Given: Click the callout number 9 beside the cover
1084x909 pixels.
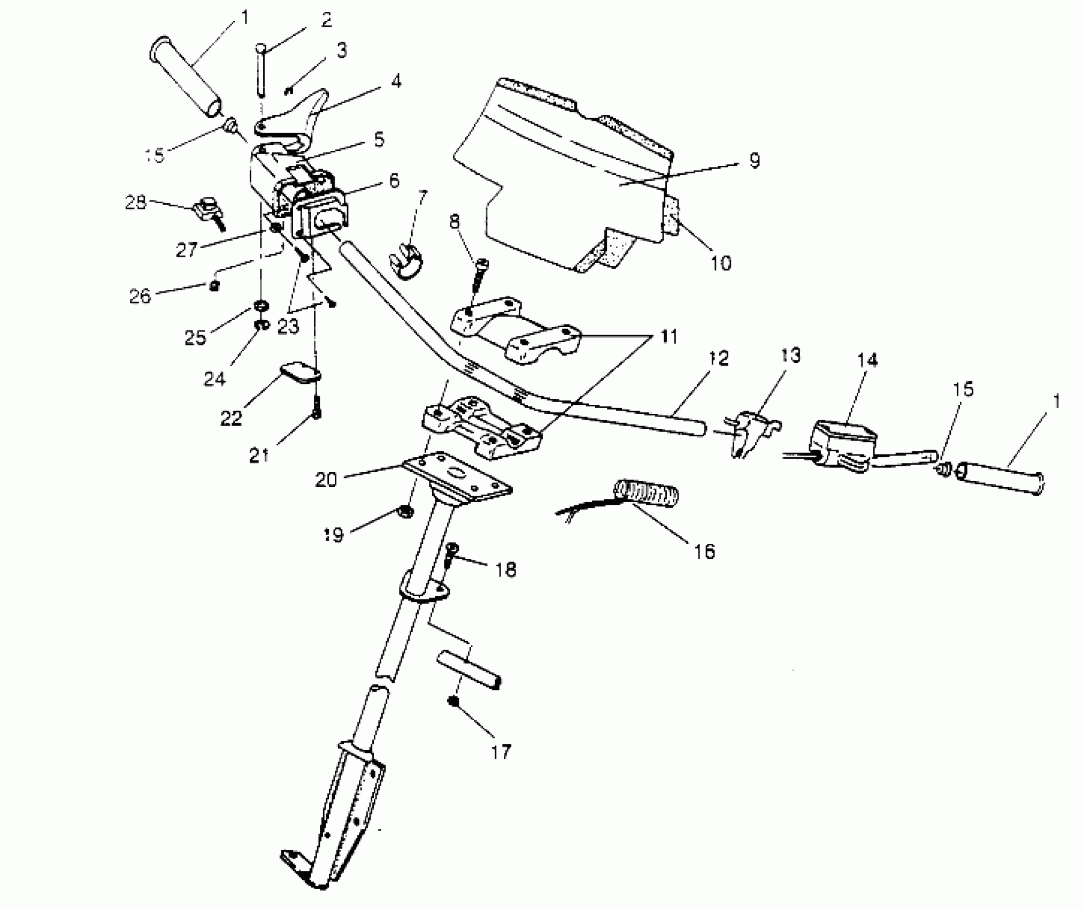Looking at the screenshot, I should pyautogui.click(x=754, y=160).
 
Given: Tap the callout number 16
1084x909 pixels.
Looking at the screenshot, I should pyautogui.click(x=704, y=551).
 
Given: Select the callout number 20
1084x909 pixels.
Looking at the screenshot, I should pyautogui.click(x=326, y=480).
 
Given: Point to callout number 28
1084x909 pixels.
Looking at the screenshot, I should pyautogui.click(x=136, y=203).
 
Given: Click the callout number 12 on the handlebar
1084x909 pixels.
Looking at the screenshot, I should pyautogui.click(x=720, y=359).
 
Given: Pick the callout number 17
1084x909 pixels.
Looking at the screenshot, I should pyautogui.click(x=501, y=752).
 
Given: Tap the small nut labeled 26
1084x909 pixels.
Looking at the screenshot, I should pyautogui.click(x=214, y=286).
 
